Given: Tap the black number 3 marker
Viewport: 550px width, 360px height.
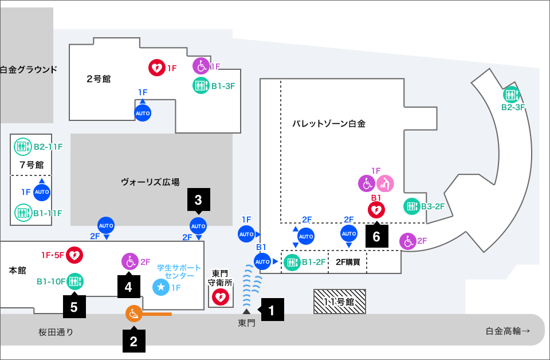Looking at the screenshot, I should point(198,200).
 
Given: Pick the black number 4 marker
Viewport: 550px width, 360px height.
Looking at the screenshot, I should point(128,287).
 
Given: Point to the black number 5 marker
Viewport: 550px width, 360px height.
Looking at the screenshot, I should point(74,306).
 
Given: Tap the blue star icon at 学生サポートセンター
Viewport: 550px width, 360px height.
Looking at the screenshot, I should point(161,287).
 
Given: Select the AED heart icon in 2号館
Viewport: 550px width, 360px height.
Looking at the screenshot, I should point(156,68).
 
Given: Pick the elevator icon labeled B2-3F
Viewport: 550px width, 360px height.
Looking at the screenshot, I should point(511,95).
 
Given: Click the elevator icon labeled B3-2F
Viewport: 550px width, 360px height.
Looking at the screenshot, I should point(411,206).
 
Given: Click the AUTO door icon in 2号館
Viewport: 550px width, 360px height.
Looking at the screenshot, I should point(143,114).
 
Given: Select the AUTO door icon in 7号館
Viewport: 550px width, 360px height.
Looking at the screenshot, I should point(42,192).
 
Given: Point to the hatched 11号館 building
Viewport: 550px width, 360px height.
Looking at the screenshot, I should point(339,302).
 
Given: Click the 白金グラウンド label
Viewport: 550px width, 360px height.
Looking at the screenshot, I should point(28,70).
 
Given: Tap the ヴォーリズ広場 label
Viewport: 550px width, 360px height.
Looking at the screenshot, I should point(150,182).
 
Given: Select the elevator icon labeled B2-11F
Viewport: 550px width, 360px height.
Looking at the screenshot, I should point(23,147).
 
